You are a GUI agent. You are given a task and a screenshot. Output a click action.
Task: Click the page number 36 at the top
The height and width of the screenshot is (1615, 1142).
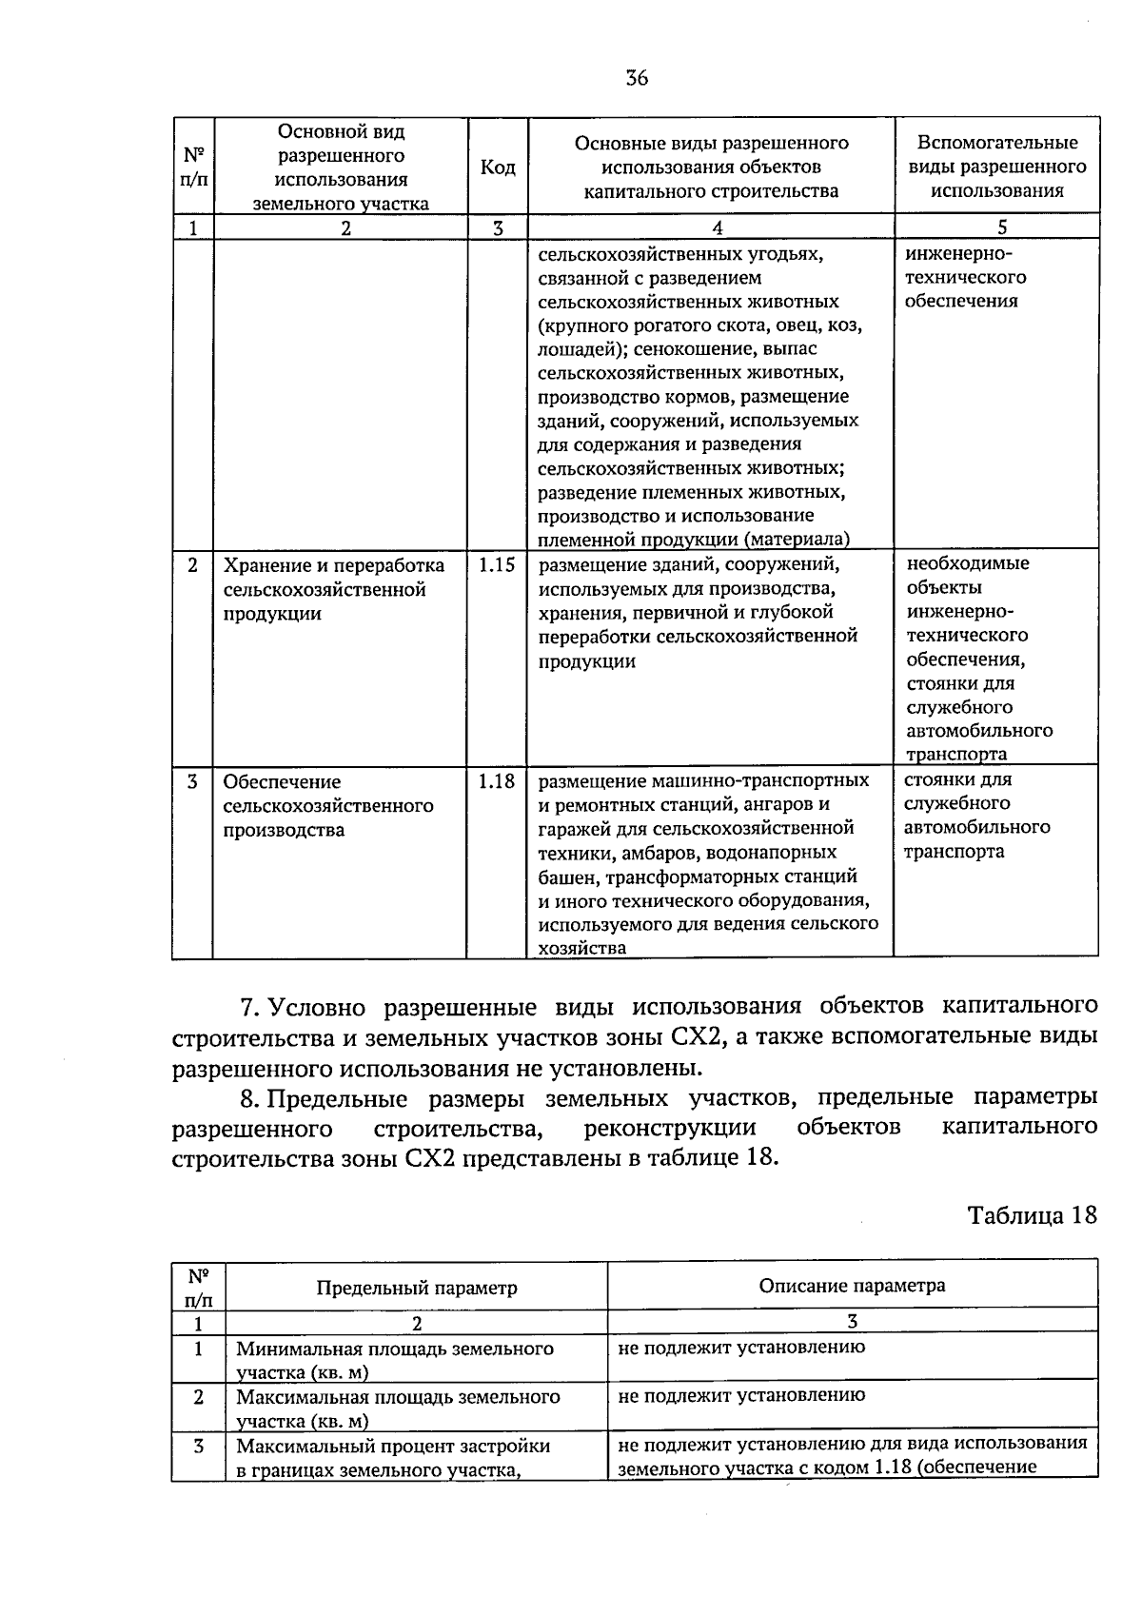[637, 78]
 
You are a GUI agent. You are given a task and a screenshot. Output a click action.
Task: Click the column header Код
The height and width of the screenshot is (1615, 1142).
[498, 167]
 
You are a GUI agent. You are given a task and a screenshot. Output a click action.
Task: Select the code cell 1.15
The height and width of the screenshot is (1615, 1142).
[496, 564]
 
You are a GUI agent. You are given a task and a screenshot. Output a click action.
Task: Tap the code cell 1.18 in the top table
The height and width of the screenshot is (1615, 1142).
[496, 781]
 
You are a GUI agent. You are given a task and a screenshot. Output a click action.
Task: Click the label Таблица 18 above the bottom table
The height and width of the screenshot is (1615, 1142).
[1032, 1215]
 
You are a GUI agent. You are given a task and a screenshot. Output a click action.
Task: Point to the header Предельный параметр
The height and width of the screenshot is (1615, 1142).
[417, 1288]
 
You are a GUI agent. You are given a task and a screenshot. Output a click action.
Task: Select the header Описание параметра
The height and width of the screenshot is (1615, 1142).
[852, 1286]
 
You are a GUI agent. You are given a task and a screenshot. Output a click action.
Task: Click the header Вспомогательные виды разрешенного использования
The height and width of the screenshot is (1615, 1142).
[996, 167]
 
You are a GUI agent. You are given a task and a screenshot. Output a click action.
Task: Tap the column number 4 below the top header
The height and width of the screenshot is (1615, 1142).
[717, 227]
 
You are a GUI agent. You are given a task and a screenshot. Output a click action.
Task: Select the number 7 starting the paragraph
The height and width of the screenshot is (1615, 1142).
[246, 1007]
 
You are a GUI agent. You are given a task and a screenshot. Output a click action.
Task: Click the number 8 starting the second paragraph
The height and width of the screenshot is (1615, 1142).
[246, 1099]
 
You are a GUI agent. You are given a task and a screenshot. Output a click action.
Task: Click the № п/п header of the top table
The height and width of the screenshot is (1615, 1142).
[193, 166]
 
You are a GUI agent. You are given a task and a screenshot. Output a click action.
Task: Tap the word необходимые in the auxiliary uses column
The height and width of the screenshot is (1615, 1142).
[968, 563]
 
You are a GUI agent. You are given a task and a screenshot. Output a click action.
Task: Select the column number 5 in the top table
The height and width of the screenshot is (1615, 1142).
[1001, 226]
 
